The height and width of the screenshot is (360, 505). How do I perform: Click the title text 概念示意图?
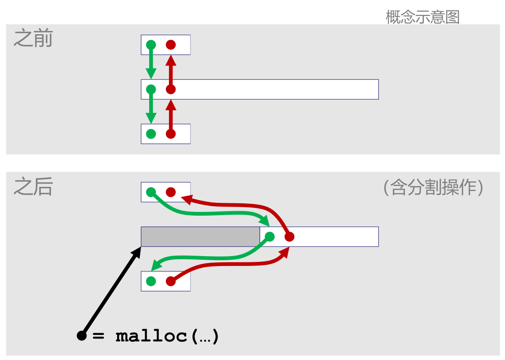[x=423, y=17]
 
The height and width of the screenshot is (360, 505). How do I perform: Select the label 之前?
[x=33, y=39]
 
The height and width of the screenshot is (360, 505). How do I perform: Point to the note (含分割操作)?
[x=433, y=188]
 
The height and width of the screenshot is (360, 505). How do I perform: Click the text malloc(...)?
[x=167, y=336]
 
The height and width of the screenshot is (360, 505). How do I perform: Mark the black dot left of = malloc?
[x=82, y=336]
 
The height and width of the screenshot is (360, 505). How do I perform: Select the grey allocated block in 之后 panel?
[x=200, y=237]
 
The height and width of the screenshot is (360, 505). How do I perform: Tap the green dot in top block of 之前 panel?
[x=151, y=45]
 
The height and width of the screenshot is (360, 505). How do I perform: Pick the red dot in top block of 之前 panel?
[x=171, y=45]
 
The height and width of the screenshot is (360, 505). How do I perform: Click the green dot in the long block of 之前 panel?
[x=151, y=89]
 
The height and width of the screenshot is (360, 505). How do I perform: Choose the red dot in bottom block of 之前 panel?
[x=171, y=134]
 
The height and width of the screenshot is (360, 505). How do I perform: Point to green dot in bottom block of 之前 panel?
[x=151, y=134]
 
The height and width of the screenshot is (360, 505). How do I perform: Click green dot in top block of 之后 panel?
[x=151, y=192]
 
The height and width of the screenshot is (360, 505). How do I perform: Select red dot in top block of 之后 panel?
[x=171, y=192]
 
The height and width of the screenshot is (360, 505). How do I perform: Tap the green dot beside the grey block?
[x=270, y=237]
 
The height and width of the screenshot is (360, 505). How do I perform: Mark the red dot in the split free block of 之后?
[x=289, y=237]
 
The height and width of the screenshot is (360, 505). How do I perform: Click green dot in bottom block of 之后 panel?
[x=151, y=281]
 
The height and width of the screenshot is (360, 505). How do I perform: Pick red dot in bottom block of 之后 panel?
[x=171, y=281]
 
